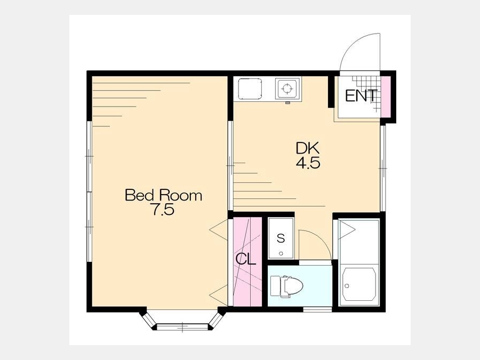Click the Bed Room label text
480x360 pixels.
[164, 195]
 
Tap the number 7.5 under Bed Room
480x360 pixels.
[164, 210]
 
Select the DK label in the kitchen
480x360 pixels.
[308, 148]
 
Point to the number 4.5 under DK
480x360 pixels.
[308, 163]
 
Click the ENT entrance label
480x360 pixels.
[361, 96]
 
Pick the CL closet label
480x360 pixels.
[245, 260]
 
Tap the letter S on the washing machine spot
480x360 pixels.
[281, 238]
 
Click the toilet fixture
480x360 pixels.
[286, 286]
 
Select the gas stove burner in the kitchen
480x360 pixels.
[287, 89]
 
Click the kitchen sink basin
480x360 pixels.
[250, 89]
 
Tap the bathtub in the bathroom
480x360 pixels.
[359, 284]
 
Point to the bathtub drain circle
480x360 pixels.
[347, 286]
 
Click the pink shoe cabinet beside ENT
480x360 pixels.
[386, 97]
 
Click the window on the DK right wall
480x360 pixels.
[383, 169]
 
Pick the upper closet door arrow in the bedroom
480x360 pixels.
[219, 229]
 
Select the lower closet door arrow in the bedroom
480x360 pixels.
[219, 295]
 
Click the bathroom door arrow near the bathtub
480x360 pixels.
[347, 229]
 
